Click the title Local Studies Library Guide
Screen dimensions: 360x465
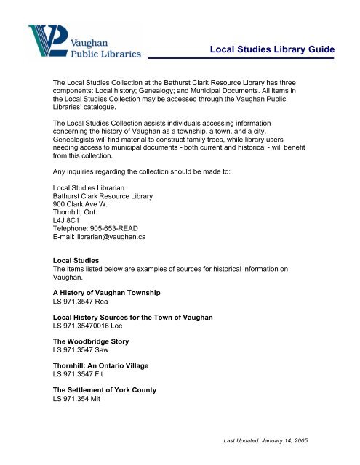coord(271,49)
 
